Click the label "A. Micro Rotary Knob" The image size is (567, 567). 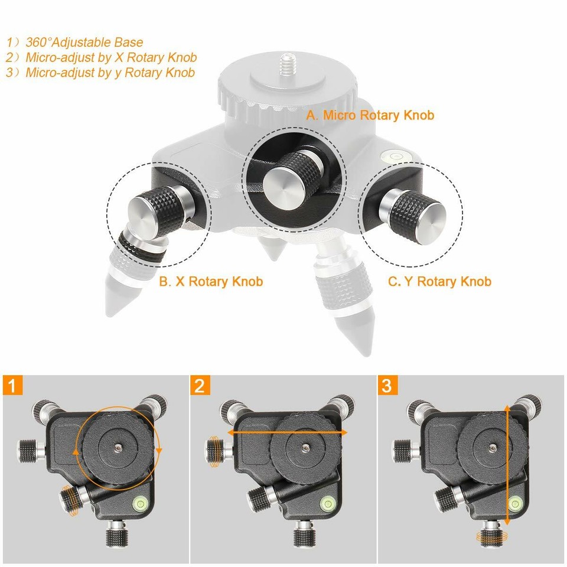click(x=370, y=115)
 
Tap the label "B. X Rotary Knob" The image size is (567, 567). click(x=211, y=282)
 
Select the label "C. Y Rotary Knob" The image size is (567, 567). click(x=439, y=282)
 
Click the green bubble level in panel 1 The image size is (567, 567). click(x=142, y=503)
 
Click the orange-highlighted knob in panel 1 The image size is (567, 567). click(x=71, y=500)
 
